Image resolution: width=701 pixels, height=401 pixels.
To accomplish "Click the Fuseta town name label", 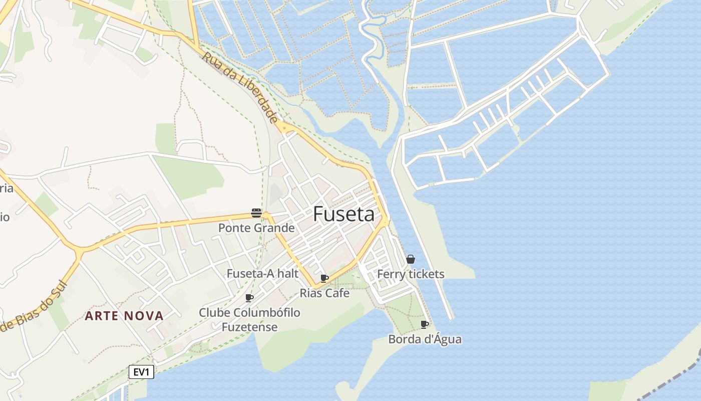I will [x=343, y=215].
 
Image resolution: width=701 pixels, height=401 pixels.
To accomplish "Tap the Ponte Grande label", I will [x=256, y=228].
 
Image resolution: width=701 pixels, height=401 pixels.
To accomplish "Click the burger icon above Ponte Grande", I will [x=256, y=213].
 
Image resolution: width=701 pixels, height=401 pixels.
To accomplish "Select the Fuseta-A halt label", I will [x=262, y=274].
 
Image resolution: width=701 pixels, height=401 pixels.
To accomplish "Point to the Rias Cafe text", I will [x=324, y=293].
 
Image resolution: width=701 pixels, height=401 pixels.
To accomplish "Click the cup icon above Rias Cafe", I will [x=324, y=278].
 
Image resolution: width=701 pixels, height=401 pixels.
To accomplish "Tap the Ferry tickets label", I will [x=411, y=274].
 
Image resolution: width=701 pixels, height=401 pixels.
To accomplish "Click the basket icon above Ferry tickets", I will [x=411, y=259].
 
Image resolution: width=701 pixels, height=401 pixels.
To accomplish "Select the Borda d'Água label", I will [x=425, y=339].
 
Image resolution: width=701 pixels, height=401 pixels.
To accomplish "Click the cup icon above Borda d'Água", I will [x=425, y=324].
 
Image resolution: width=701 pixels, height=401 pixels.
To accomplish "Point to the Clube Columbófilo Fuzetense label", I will [x=249, y=320].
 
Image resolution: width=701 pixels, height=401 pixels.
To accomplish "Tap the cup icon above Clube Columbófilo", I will [x=249, y=298].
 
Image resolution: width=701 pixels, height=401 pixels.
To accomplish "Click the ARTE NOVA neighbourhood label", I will [x=124, y=316].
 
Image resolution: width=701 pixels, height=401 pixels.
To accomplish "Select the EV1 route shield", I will [x=141, y=372].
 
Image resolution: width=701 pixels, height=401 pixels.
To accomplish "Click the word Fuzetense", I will [x=249, y=327].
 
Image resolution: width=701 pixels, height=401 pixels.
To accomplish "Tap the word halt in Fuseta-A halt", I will [x=287, y=274].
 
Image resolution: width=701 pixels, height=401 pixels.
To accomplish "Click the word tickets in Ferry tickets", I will [x=426, y=274].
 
